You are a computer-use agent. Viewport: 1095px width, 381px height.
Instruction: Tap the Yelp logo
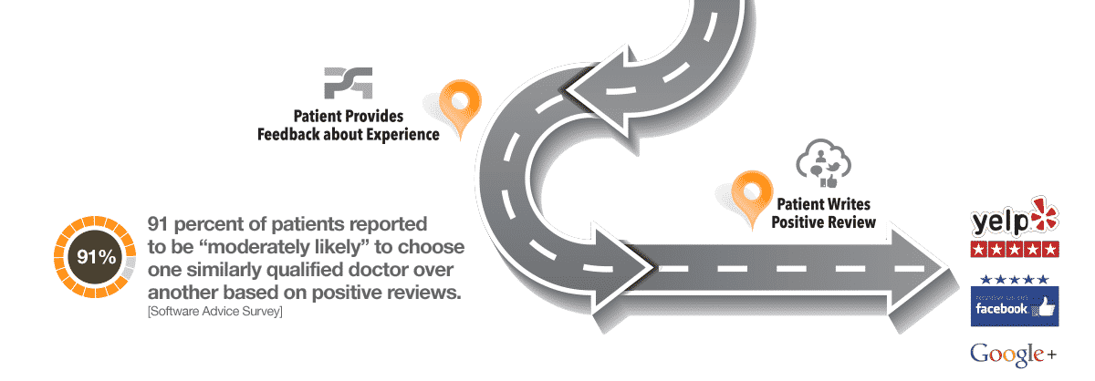(1013, 221)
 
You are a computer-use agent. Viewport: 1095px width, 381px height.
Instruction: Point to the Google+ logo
(1012, 353)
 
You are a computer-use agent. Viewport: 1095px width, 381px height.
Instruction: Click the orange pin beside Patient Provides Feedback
(459, 103)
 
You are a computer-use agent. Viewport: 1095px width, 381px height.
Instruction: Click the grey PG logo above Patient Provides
(348, 83)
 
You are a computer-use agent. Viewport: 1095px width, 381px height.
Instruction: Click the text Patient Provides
(348, 117)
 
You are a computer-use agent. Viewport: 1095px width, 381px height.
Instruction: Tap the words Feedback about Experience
(348, 134)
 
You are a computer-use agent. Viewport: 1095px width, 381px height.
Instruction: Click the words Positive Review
(825, 221)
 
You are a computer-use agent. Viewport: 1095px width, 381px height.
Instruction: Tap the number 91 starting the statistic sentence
(162, 224)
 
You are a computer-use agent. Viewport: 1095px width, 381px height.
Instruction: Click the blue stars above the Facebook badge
(1013, 279)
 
